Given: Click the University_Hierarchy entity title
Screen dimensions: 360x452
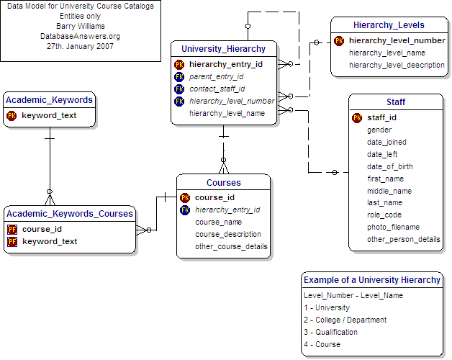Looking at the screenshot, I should pyautogui.click(x=223, y=49).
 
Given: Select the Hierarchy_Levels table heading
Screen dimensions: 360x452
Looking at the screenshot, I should pyautogui.click(x=389, y=25).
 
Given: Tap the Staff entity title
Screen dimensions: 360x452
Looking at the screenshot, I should pyautogui.click(x=395, y=102).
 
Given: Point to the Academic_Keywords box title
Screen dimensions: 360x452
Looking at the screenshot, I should pyautogui.click(x=49, y=100).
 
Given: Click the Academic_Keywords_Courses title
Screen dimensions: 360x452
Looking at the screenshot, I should pyautogui.click(x=69, y=213).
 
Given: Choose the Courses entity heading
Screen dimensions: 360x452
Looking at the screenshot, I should pyautogui.click(x=223, y=182).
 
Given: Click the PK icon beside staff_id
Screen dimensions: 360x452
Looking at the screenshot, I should pyautogui.click(x=357, y=118).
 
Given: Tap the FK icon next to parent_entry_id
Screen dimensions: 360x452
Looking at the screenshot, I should pyautogui.click(x=179, y=76).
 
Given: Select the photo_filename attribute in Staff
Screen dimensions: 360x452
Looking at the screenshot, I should pyautogui.click(x=393, y=227).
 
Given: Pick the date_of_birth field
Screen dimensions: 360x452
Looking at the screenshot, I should pyautogui.click(x=389, y=166).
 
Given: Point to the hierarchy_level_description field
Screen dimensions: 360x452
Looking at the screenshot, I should pyautogui.click(x=397, y=65).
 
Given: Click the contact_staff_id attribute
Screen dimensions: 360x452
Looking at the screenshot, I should pyautogui.click(x=217, y=89).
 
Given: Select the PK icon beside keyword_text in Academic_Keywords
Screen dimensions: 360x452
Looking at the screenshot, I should pyautogui.click(x=12, y=115).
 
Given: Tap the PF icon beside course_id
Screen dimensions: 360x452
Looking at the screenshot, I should pyautogui.click(x=12, y=229).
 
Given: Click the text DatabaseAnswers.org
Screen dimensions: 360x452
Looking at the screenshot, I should pyautogui.click(x=81, y=35).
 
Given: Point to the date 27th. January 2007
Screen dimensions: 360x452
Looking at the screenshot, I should pyautogui.click(x=81, y=45).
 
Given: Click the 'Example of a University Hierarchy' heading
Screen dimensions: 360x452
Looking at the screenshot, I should pyautogui.click(x=371, y=279).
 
